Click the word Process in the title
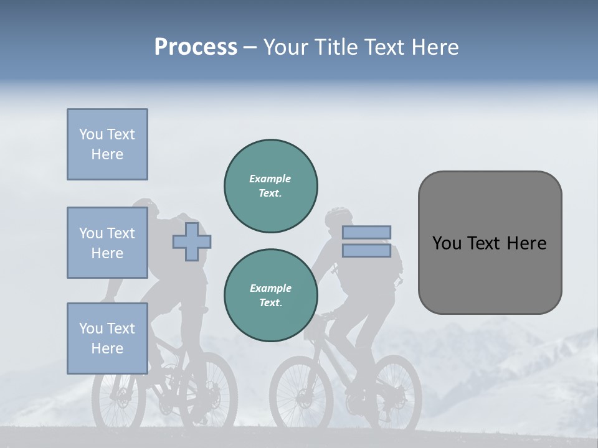[x=196, y=47]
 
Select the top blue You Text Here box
[x=107, y=144]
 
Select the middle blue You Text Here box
[x=107, y=243]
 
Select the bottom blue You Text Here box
[x=107, y=338]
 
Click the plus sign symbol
[x=192, y=242]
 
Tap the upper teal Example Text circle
[x=270, y=186]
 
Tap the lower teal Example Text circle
[x=270, y=296]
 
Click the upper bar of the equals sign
[x=366, y=232]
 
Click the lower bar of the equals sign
[x=366, y=250]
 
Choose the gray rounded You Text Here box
[x=490, y=243]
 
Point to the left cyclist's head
[x=145, y=210]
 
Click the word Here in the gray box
[x=526, y=243]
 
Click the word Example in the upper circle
[x=270, y=179]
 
